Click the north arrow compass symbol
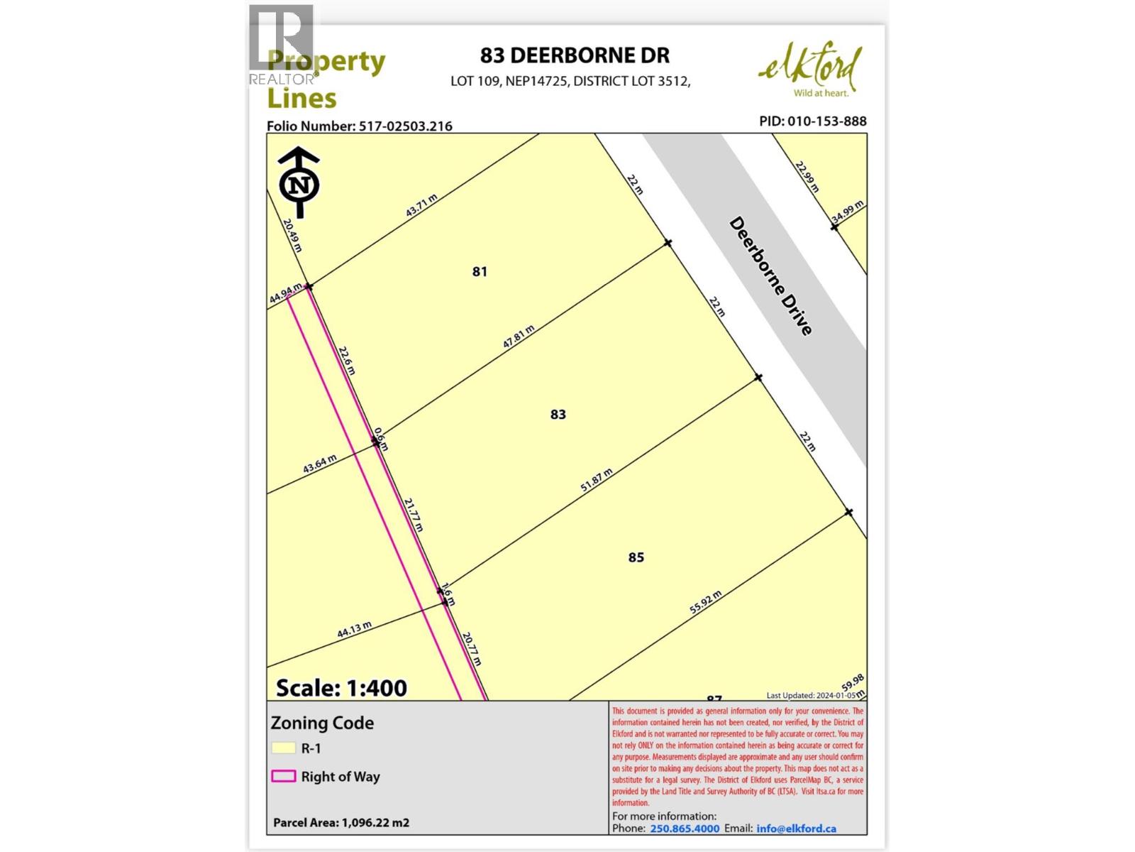(299, 183)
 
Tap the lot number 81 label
(480, 271)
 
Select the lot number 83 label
(558, 414)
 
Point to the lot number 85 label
(636, 557)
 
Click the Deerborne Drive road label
(770, 276)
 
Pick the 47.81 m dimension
(519, 336)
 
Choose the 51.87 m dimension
(596, 480)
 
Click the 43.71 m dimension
(421, 206)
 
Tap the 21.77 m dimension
(414, 515)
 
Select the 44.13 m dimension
(354, 630)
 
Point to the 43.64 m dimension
(320, 464)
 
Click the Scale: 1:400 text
(341, 687)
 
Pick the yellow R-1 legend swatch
(283, 748)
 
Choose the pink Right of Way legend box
(283, 776)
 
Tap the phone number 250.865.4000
(685, 829)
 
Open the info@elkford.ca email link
(796, 829)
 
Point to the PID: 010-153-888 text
(812, 121)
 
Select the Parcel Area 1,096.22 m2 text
(341, 823)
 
